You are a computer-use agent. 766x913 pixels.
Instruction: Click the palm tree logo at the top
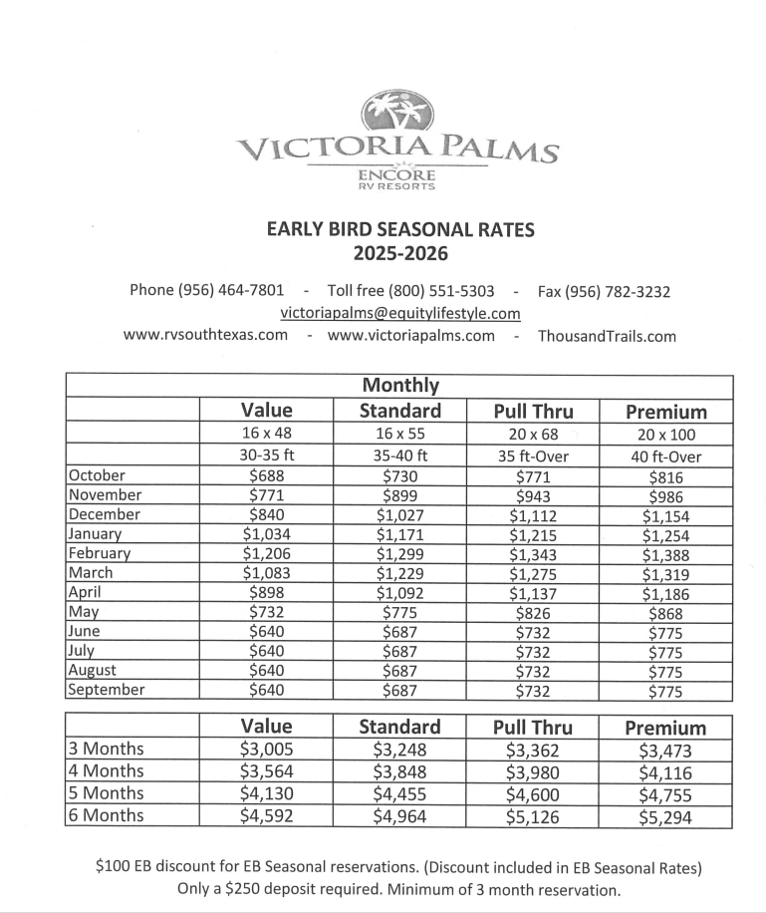(x=395, y=111)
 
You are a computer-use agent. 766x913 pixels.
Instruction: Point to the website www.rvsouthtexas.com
(x=205, y=335)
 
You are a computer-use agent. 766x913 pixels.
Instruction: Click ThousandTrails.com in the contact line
(x=607, y=336)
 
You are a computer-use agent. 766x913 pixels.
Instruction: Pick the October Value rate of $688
(x=267, y=476)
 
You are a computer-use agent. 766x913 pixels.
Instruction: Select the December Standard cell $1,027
(x=399, y=515)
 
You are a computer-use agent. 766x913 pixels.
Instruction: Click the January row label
(x=95, y=534)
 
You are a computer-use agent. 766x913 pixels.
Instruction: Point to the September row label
(x=107, y=690)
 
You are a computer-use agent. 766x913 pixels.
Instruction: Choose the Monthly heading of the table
(x=400, y=386)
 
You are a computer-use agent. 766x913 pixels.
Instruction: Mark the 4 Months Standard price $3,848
(x=399, y=772)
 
